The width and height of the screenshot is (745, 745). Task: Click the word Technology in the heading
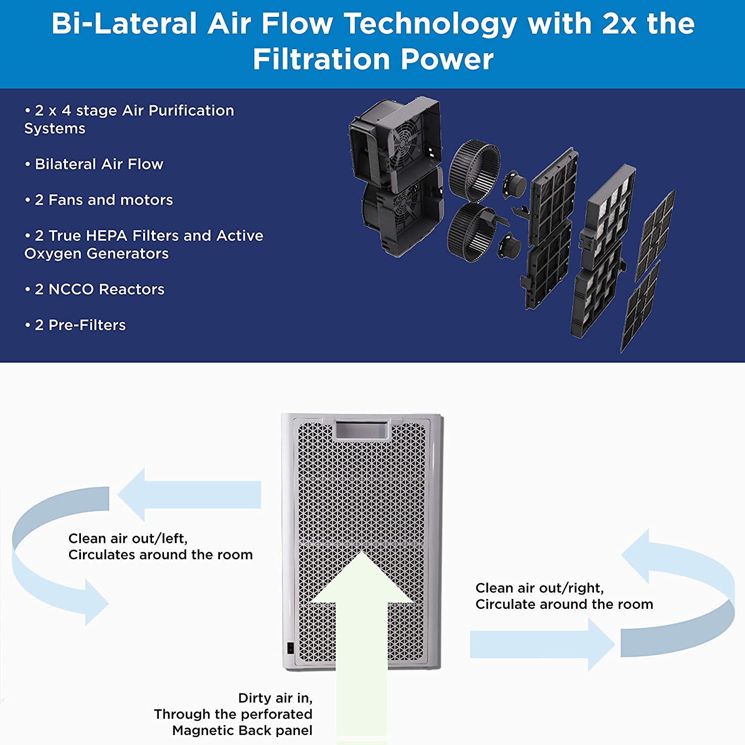430,24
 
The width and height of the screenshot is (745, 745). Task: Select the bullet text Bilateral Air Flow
99,164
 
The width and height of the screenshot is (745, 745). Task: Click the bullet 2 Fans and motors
104,200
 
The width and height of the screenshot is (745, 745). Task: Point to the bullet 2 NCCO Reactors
99,289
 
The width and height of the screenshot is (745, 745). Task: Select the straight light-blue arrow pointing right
541,644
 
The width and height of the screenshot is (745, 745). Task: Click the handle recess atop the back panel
362,430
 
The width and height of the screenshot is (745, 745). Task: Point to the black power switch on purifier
290,648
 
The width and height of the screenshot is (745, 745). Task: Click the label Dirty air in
275,698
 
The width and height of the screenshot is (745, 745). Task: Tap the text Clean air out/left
128,538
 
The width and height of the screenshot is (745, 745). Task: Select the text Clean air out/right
539,588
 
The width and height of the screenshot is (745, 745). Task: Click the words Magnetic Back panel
242,731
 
